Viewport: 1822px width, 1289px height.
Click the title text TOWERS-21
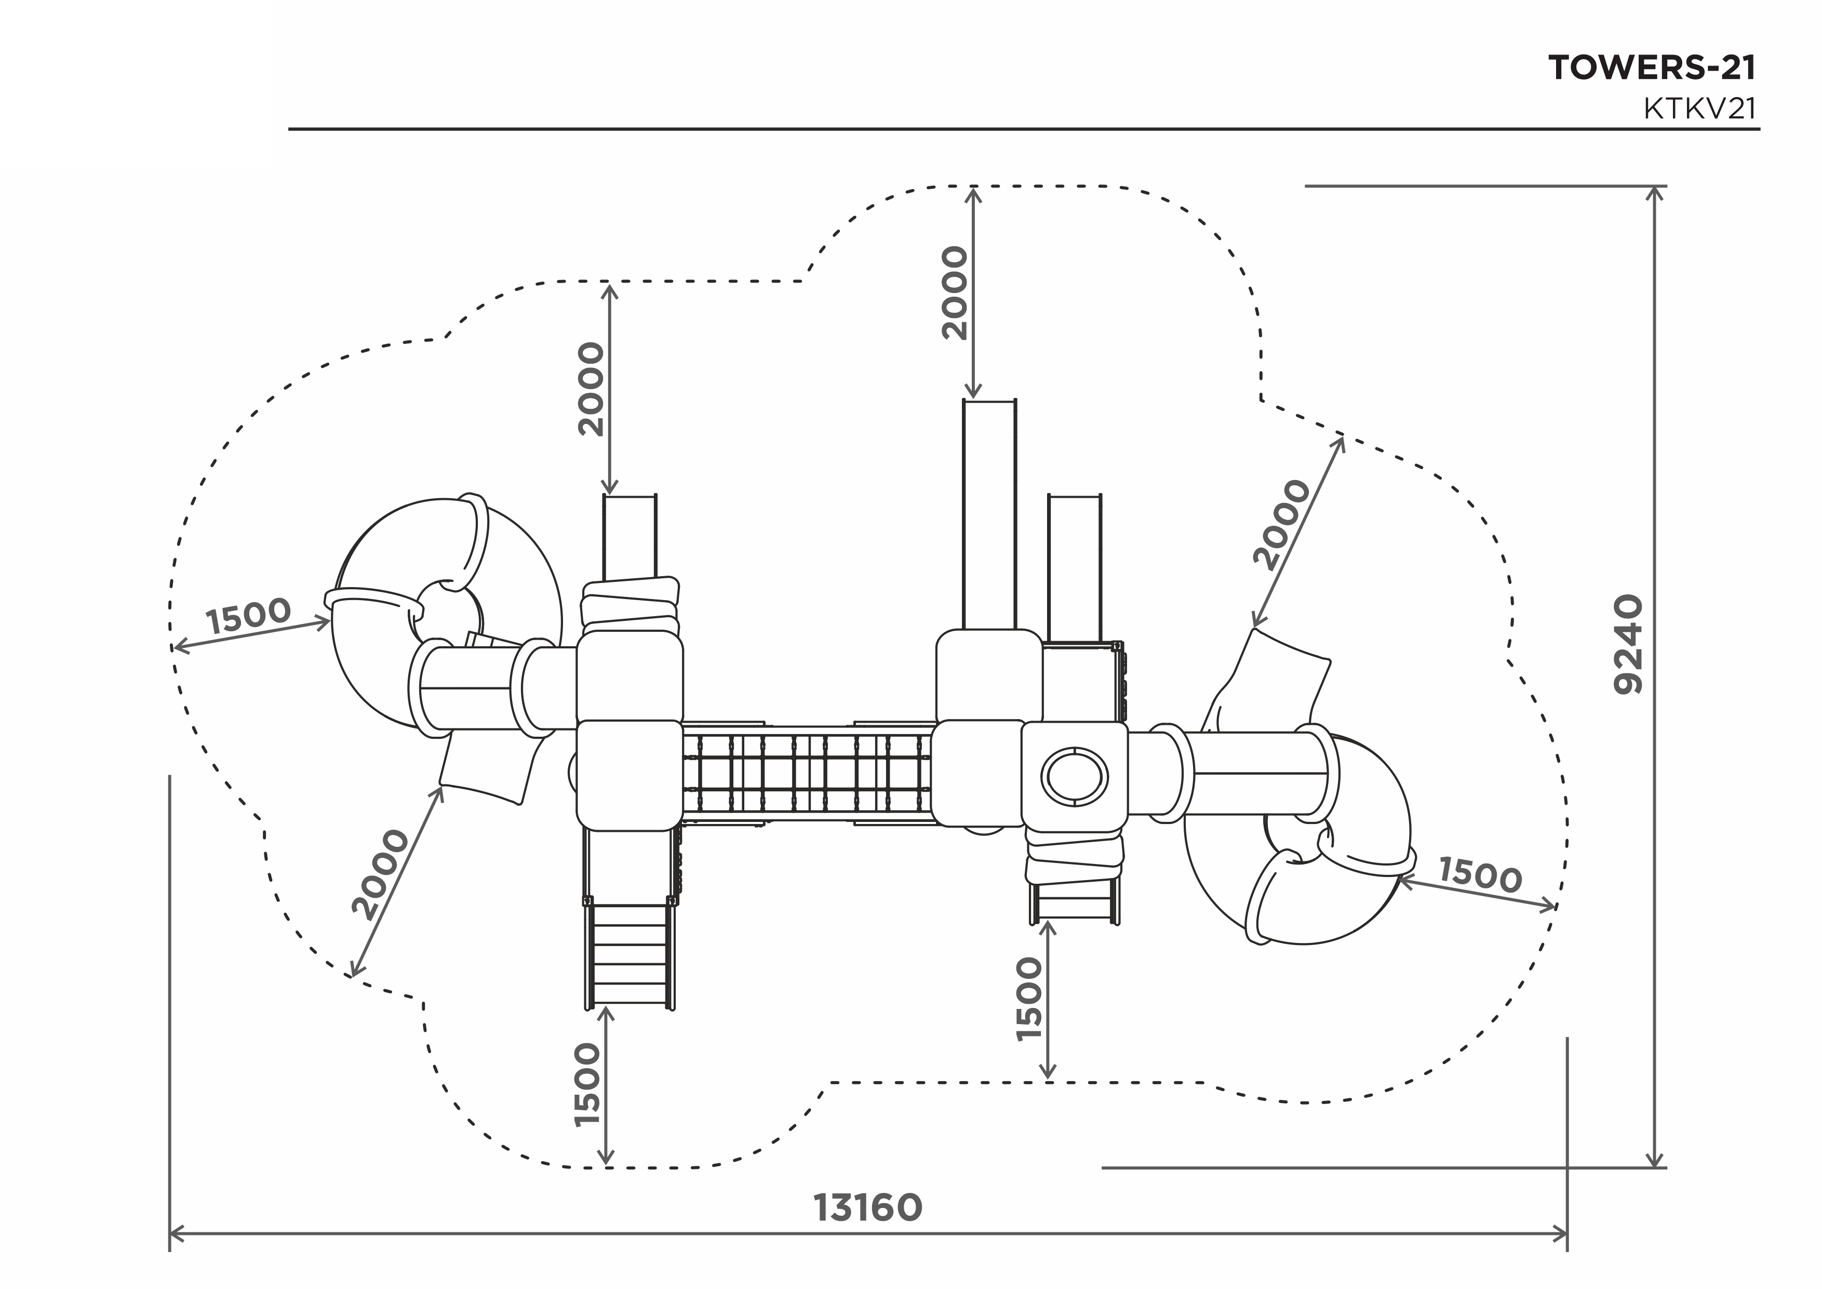(1652, 68)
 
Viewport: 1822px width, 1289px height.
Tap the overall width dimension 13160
(868, 1208)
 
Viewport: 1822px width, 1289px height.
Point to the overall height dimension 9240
(1628, 644)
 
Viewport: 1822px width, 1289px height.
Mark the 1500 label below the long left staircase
(587, 1084)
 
